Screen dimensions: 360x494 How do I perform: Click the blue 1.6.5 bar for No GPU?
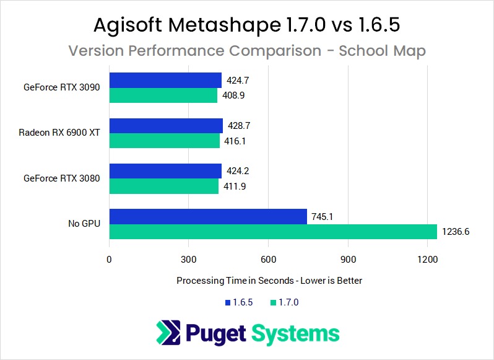208,216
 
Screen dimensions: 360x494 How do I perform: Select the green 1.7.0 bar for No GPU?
273,232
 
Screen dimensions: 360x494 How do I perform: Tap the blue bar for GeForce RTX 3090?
165,81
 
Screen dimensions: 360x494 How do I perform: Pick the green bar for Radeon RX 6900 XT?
165,141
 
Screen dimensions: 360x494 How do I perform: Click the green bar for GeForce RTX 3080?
164,187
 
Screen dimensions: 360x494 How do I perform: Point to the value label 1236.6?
456,232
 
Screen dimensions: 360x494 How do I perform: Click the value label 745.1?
323,216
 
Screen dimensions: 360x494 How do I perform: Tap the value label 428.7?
238,126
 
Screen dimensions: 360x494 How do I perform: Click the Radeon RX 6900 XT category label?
59,133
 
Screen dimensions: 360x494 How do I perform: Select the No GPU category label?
85,224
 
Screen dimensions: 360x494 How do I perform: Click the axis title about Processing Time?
269,281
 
